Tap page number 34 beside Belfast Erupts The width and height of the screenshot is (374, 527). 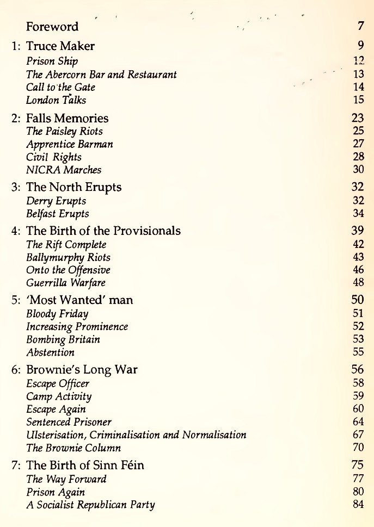point(358,214)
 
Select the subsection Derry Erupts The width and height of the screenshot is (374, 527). point(56,201)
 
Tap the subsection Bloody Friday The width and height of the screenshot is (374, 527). point(53,314)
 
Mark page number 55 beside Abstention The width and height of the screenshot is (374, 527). point(358,352)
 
